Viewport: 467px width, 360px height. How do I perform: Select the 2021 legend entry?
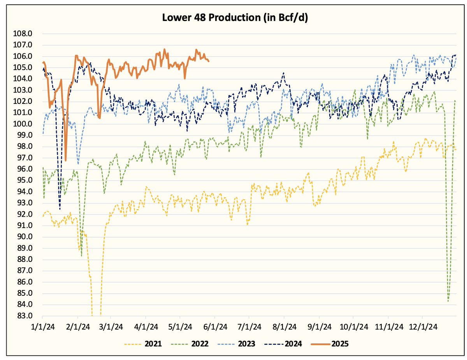143,344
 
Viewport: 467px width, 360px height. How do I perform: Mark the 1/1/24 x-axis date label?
42,326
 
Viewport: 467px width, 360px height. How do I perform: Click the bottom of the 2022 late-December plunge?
448,301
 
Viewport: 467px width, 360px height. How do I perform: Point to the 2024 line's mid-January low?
60,209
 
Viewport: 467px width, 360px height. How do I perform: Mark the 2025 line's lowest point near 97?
65,160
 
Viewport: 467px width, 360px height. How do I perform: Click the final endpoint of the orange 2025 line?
209,61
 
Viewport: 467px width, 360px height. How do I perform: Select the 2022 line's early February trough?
81,256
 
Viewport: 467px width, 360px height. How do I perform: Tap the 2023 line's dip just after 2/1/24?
78,163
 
